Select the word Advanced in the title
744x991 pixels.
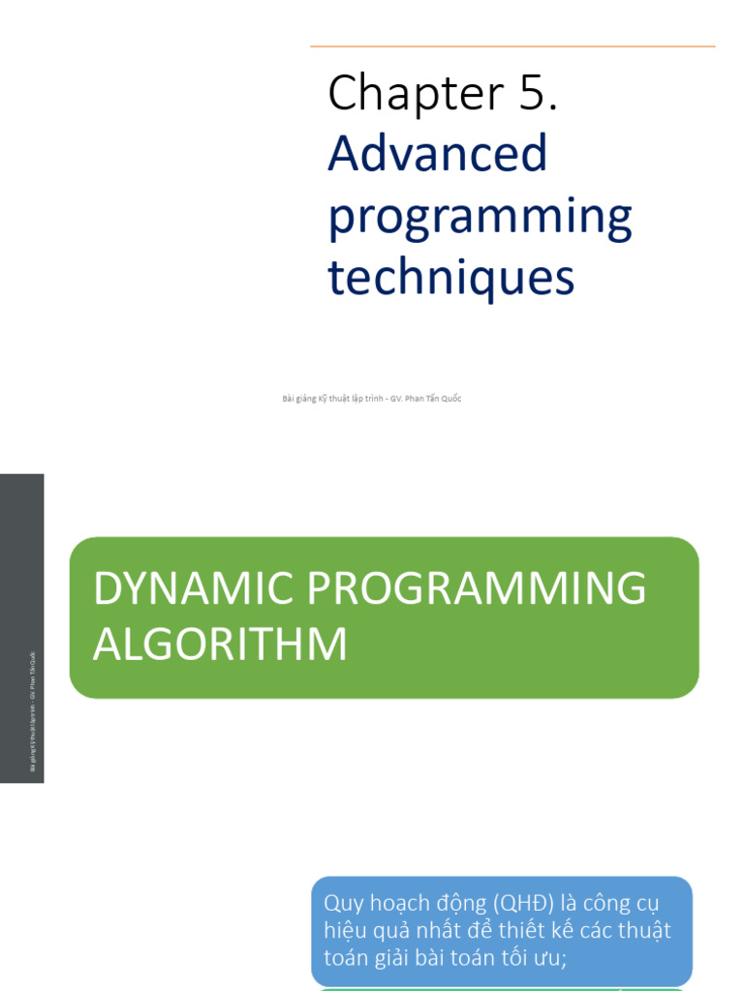438,155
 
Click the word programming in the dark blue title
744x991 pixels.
480,219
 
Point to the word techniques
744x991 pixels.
450,279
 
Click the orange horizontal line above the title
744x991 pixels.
512,46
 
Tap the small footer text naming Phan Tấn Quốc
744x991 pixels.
371,399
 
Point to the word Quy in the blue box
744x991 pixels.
341,904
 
